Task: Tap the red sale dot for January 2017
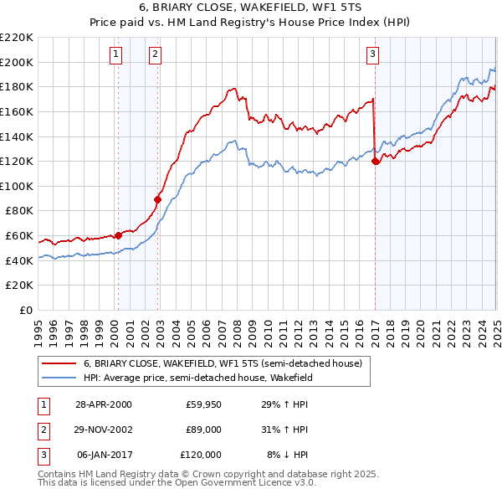(x=375, y=161)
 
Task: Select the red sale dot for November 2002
(x=157, y=199)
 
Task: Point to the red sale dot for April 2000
(x=118, y=235)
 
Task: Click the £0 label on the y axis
(x=25, y=311)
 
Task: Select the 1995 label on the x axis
(x=38, y=328)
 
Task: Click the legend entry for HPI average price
(x=197, y=378)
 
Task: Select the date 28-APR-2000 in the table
(x=103, y=404)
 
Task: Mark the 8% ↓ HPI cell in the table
(x=288, y=455)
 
